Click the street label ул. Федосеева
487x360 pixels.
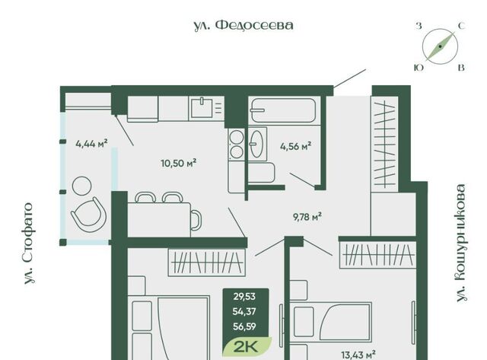coord(243,25)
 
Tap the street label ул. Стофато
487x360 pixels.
coord(29,244)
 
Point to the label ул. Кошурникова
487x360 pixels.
coord(461,243)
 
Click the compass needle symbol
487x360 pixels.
coord(440,46)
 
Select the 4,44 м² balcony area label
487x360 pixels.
coord(91,144)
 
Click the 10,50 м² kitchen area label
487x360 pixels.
coord(178,163)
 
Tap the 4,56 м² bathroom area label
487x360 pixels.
coord(295,146)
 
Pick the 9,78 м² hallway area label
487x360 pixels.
coord(307,216)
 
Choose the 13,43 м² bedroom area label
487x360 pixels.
coord(358,355)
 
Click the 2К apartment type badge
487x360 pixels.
coord(247,346)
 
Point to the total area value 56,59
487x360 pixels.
coord(244,327)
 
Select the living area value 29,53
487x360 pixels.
coord(244,297)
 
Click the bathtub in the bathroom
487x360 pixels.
coord(283,110)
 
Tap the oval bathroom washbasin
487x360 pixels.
coord(257,144)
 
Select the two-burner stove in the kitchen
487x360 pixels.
coord(237,145)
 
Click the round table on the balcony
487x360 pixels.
coord(81,186)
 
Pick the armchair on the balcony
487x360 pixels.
coord(89,215)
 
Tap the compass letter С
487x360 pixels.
coord(462,26)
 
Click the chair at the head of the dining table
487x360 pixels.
coord(196,220)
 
